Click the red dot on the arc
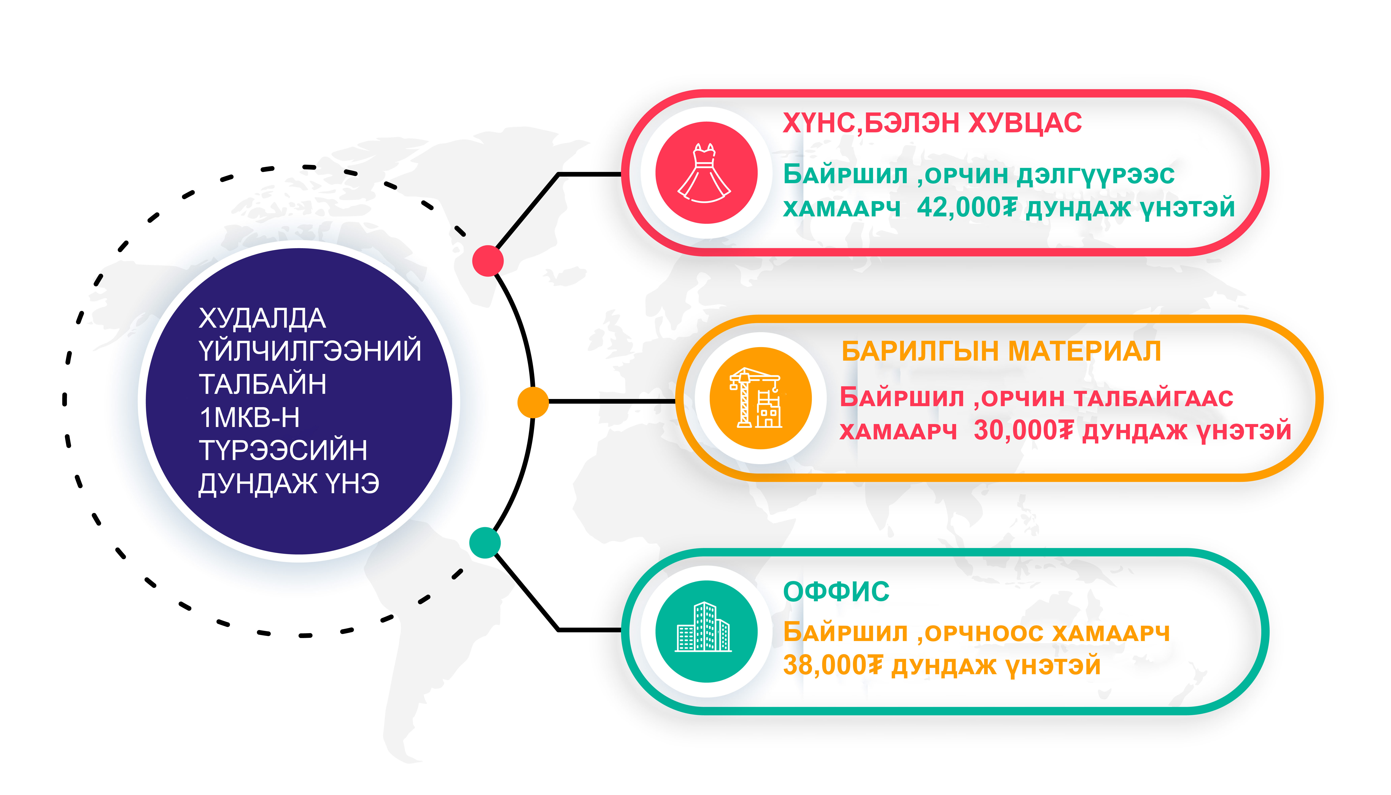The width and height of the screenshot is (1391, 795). [488, 261]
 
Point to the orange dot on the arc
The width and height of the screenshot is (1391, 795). [533, 402]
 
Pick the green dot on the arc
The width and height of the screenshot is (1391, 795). [485, 543]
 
